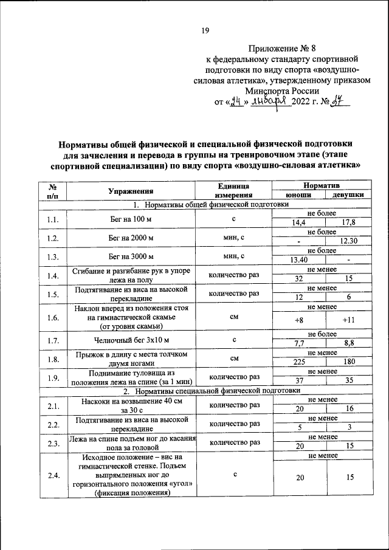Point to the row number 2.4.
pos(53,476)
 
